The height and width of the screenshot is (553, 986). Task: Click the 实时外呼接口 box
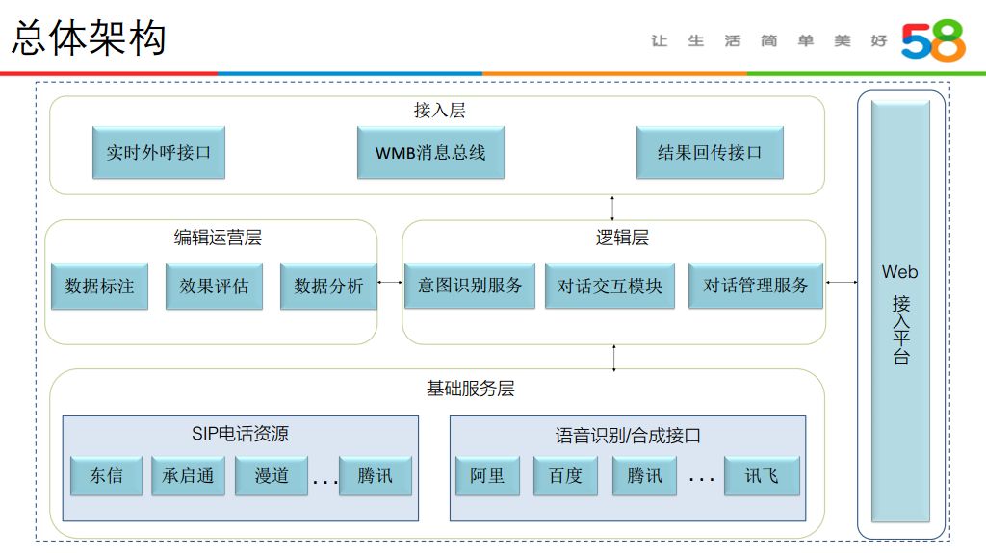(159, 152)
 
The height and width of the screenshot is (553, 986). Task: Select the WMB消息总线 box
(430, 152)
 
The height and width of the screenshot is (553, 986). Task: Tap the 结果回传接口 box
(710, 152)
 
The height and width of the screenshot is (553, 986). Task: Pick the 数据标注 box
(99, 286)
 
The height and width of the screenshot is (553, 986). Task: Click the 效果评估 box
(214, 286)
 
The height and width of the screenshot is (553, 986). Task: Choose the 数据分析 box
(328, 286)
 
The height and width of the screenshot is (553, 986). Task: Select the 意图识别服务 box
(470, 286)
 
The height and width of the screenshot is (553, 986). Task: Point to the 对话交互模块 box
(610, 286)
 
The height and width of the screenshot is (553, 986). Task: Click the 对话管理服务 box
(756, 286)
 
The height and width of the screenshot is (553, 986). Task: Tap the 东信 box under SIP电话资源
(106, 476)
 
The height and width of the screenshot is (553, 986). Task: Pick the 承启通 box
(188, 476)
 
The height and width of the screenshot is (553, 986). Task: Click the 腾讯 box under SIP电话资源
(375, 476)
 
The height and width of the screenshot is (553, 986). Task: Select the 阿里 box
(487, 476)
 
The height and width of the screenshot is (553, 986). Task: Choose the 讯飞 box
(762, 476)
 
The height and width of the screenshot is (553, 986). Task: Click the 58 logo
(932, 41)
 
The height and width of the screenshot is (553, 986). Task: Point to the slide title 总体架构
(90, 38)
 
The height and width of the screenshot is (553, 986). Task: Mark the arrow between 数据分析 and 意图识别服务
(390, 282)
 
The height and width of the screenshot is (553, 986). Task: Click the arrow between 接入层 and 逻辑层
(612, 207)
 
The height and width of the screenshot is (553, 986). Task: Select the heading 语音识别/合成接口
(627, 436)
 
